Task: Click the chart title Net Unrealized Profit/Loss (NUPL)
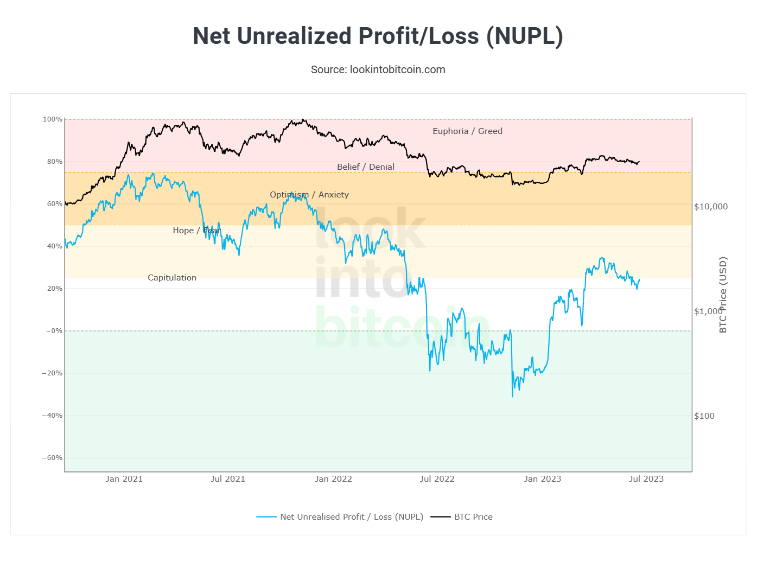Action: pyautogui.click(x=378, y=36)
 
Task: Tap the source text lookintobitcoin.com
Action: pyautogui.click(x=378, y=69)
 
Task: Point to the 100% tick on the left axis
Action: pyautogui.click(x=53, y=119)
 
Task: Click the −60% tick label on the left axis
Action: pyautogui.click(x=52, y=458)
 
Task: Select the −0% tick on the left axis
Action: pyautogui.click(x=54, y=331)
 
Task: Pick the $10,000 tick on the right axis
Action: pyautogui.click(x=711, y=207)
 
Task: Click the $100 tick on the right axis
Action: pyautogui.click(x=704, y=416)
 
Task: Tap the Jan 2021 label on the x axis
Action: pyautogui.click(x=124, y=479)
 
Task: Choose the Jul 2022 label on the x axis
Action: pyautogui.click(x=437, y=479)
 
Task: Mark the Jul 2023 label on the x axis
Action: pyautogui.click(x=646, y=479)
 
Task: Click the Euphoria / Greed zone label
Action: pyautogui.click(x=467, y=131)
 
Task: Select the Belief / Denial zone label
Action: pyautogui.click(x=366, y=167)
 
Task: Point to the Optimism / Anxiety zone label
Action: pyautogui.click(x=309, y=195)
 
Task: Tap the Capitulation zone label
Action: pyautogui.click(x=172, y=278)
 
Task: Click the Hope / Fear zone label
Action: pyautogui.click(x=197, y=231)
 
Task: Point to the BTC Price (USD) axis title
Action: pyautogui.click(x=723, y=295)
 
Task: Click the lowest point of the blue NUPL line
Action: pyautogui.click(x=512, y=397)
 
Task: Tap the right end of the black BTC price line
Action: pyautogui.click(x=640, y=161)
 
